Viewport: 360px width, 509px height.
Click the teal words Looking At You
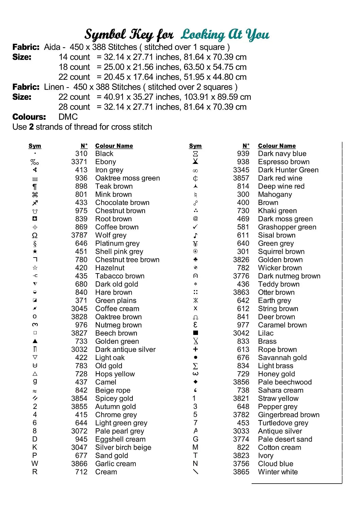225,34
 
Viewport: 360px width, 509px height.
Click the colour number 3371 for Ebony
79,162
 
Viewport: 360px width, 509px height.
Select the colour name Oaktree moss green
127,178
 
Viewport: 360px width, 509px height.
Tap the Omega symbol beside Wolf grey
35,235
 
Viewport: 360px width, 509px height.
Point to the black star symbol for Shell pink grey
35,251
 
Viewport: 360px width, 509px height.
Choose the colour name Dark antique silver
125,350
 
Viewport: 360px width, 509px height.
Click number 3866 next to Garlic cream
79,464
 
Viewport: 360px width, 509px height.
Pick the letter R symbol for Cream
35,472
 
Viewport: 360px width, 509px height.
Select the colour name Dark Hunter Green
288,170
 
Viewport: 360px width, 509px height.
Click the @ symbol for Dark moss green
195,219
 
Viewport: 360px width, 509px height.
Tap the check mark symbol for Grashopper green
195,227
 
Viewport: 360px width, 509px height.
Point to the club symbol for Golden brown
195,260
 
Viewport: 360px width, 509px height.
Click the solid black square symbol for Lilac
195,333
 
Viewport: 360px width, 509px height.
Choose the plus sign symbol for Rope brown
195,349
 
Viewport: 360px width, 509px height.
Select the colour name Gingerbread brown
289,415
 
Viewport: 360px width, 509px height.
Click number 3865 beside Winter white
241,472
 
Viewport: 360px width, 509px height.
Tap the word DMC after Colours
68,117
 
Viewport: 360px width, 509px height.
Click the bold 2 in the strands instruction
31,127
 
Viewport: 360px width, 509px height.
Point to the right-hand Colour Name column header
277,146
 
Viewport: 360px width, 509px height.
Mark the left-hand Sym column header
35,146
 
